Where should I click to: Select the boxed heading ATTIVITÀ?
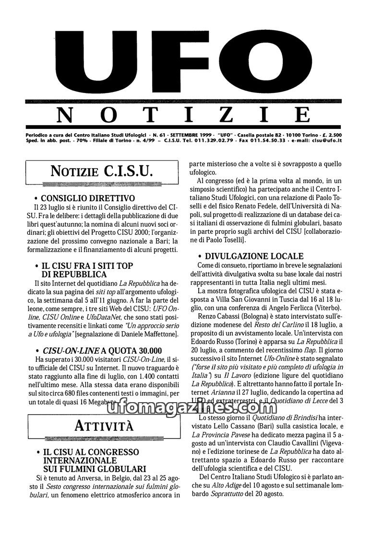pos(104,424)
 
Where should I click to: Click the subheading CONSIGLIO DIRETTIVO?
pos(88,198)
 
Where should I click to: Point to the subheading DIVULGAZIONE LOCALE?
pos(254,256)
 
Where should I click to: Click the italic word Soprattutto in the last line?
pos(227,493)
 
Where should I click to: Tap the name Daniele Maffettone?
pos(151,333)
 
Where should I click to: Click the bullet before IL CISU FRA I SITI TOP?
pos(36,266)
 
